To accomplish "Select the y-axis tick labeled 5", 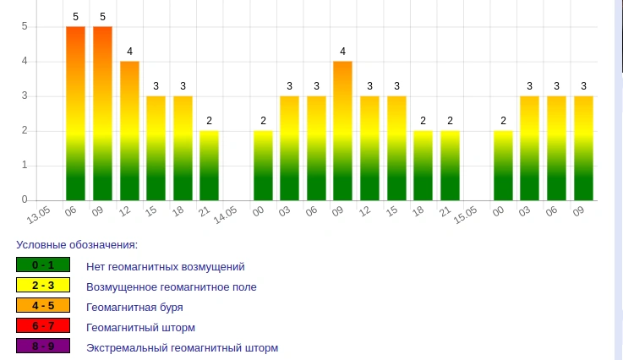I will tap(25, 26).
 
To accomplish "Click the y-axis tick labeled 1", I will tap(25, 165).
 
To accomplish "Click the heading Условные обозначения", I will tap(77, 245).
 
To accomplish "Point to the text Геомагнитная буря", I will tap(134, 307).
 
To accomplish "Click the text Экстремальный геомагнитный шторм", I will tap(182, 347).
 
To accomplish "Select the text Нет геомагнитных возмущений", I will tap(165, 266).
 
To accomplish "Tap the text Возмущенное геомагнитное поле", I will tap(171, 286).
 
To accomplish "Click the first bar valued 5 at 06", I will tap(76, 113).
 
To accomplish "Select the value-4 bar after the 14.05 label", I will tap(342, 130).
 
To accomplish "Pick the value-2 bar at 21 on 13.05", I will tap(210, 165).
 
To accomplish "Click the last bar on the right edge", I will tap(583, 148).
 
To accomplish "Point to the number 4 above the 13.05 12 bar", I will tap(129, 52).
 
